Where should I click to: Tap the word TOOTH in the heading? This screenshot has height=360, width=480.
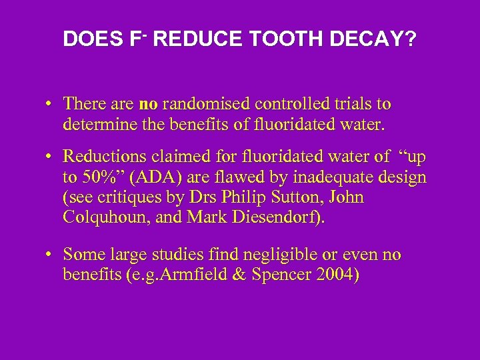[x=279, y=39]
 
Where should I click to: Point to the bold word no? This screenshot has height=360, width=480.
[x=147, y=104]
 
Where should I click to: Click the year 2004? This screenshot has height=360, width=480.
[x=335, y=274]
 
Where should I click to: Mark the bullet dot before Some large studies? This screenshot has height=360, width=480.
[x=51, y=255]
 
